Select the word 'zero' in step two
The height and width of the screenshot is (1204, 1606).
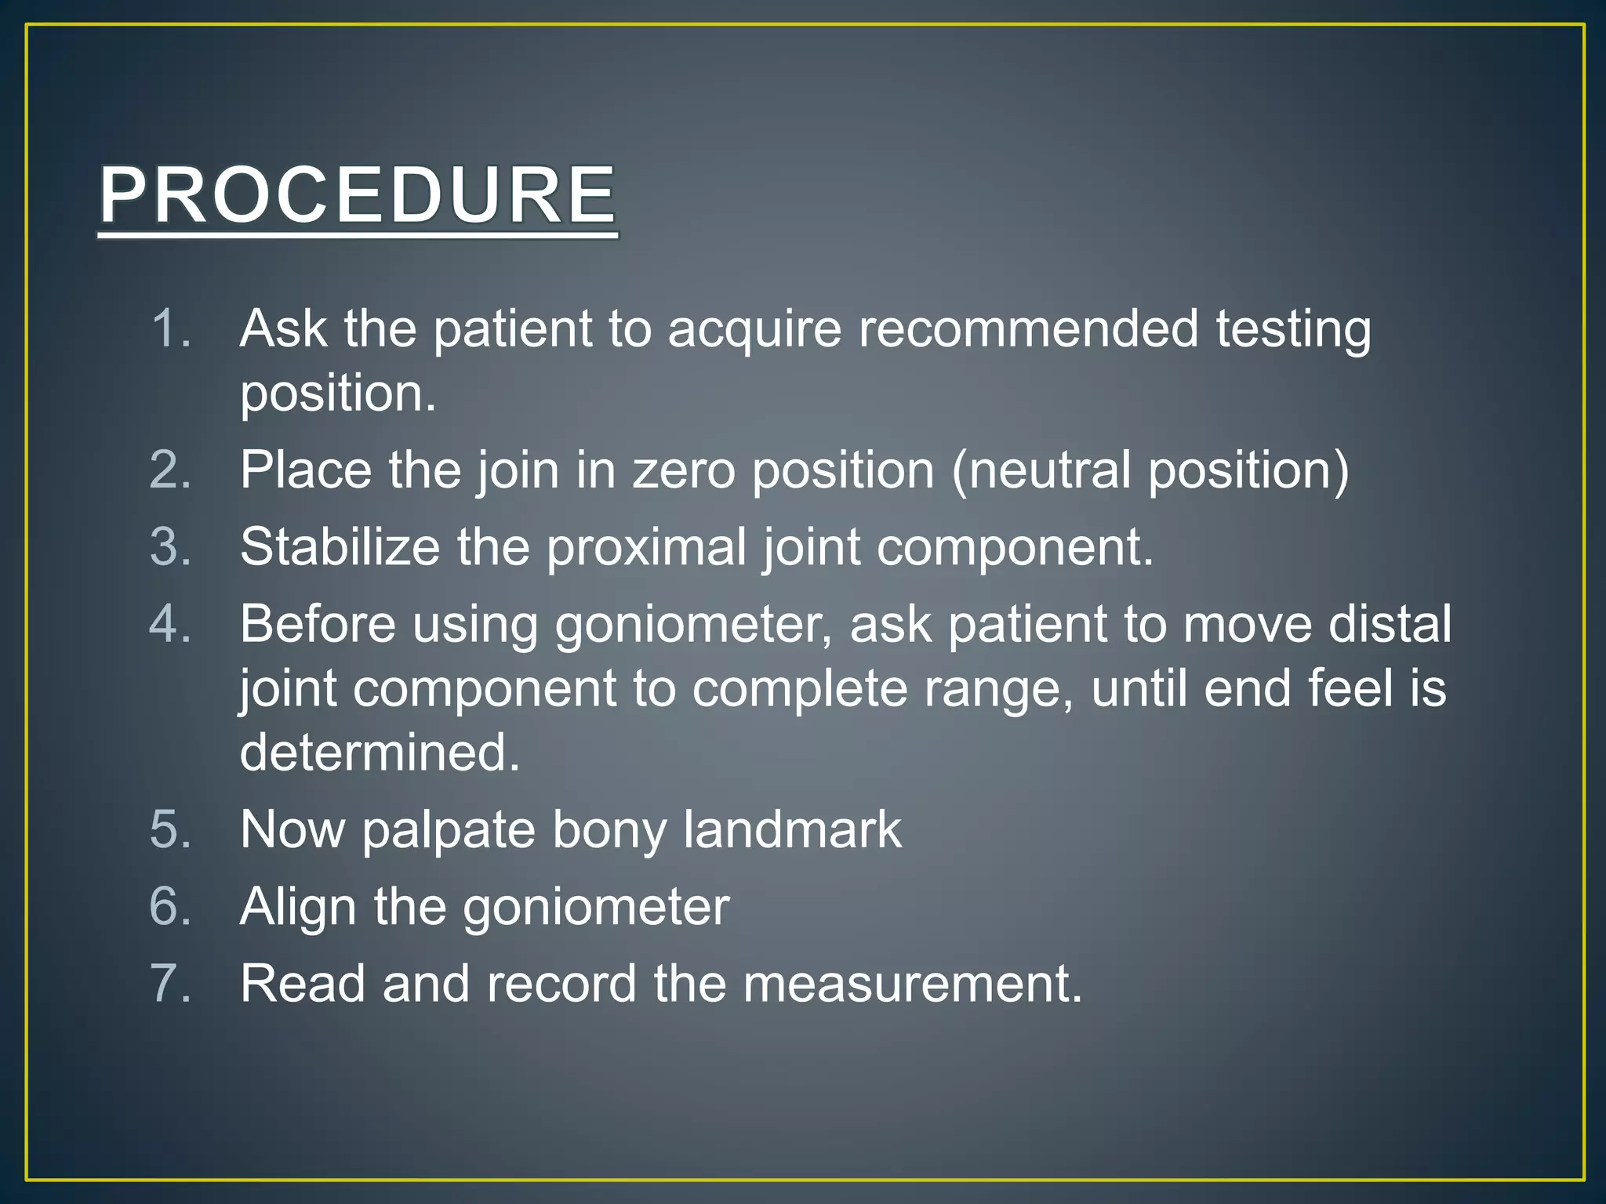(x=684, y=470)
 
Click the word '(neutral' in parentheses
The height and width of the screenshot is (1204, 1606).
(x=1040, y=470)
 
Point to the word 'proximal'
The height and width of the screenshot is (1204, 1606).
(x=646, y=547)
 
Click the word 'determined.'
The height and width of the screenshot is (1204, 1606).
(x=380, y=752)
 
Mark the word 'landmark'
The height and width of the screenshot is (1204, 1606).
(x=792, y=829)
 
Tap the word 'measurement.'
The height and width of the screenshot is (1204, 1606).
(x=912, y=983)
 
